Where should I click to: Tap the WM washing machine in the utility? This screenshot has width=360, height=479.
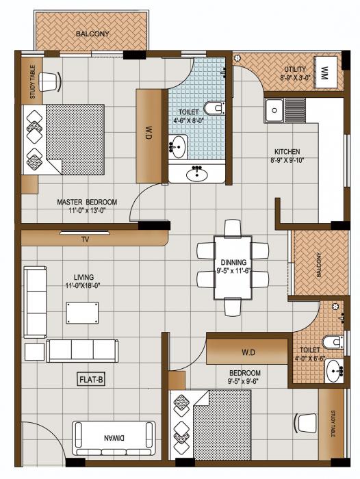point(324,71)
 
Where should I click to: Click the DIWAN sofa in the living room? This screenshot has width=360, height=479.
point(114,435)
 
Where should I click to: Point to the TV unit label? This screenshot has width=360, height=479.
point(86,240)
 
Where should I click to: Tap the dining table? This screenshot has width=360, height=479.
point(233,268)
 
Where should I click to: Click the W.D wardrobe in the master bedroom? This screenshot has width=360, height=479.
point(149,135)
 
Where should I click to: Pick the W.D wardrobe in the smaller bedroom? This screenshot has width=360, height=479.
point(248,352)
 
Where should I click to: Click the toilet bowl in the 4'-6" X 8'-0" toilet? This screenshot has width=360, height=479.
point(215,107)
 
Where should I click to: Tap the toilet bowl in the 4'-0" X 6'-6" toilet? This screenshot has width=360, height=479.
point(331,342)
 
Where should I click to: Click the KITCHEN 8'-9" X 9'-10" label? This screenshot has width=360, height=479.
point(287,157)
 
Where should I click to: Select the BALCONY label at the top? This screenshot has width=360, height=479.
point(92,34)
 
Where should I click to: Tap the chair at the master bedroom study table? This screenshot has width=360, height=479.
point(49,82)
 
